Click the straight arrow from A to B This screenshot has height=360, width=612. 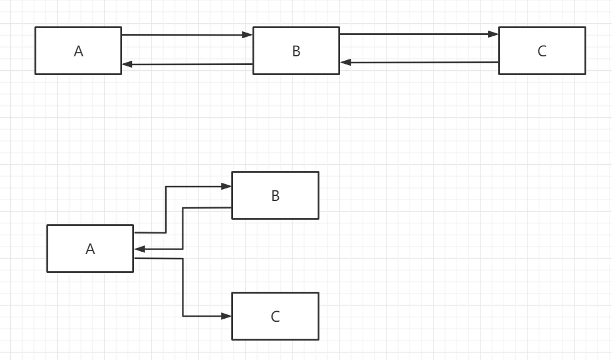(187, 35)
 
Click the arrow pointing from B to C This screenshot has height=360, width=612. (418, 34)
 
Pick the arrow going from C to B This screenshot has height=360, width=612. (418, 63)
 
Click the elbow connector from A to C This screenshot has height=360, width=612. (183, 288)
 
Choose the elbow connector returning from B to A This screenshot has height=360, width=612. (182, 229)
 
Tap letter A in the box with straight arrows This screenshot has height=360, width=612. (78, 51)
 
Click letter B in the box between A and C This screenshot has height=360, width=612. (296, 51)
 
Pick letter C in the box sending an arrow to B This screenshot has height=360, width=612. (542, 51)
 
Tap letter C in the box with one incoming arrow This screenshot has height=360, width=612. (275, 317)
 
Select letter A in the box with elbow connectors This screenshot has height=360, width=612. (90, 249)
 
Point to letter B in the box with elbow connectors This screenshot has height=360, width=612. (275, 196)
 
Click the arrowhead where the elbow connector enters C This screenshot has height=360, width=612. (226, 316)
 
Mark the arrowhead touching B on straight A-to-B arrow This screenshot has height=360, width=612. (248, 35)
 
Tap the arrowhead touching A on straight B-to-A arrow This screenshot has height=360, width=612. (127, 64)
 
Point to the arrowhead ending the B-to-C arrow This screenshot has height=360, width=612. (494, 34)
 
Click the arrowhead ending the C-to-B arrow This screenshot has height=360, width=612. (345, 63)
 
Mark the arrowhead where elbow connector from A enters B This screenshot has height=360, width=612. (226, 187)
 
